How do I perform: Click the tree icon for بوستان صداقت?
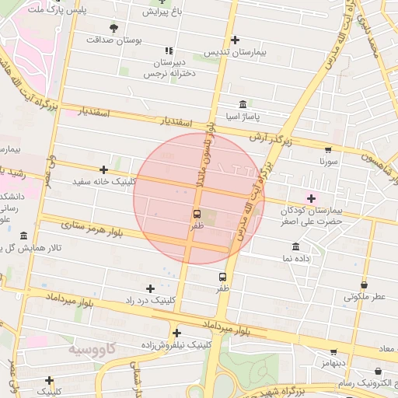[114, 28]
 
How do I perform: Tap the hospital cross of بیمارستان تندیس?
[235, 40]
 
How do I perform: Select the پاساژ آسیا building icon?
[243, 105]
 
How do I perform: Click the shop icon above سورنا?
[328, 150]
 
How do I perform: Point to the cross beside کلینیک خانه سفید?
[103, 169]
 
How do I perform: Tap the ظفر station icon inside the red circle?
[197, 214]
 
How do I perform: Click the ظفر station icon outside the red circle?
[223, 277]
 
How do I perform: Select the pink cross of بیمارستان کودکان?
[312, 198]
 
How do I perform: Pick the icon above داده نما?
[295, 246]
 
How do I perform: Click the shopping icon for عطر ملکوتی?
[365, 285]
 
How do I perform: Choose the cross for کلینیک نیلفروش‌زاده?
[177, 332]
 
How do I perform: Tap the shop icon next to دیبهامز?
[333, 352]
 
